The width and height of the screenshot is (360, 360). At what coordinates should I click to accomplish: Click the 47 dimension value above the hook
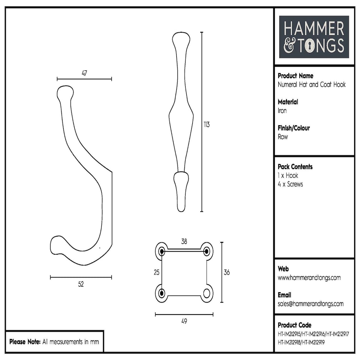[84, 73]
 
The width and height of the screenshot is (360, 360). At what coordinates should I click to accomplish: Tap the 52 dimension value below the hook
[81, 284]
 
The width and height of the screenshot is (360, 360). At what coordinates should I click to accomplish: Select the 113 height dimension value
[207, 124]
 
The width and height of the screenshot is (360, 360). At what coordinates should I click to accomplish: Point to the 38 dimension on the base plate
[184, 241]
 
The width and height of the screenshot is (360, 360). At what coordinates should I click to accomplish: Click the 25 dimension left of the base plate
[157, 273]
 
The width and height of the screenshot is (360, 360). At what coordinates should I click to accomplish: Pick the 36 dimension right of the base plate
[226, 273]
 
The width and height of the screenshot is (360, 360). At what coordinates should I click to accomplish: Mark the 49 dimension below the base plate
[184, 321]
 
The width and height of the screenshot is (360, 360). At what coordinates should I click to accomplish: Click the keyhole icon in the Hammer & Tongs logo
[310, 46]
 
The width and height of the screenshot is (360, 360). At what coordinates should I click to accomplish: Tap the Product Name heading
[295, 76]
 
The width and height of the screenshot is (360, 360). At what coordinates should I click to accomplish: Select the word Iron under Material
[282, 111]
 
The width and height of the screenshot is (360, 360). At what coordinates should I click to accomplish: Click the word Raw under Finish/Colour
[283, 137]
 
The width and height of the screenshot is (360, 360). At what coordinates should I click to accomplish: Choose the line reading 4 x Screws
[290, 184]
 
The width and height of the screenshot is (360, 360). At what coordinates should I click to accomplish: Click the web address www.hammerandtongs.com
[309, 278]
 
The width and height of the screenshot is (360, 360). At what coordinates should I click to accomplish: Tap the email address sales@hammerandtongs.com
[310, 304]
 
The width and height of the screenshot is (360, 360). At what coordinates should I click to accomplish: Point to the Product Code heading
[294, 325]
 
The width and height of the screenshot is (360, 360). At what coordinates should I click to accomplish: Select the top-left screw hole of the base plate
[162, 250]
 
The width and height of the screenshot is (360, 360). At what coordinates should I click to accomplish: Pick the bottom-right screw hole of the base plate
[207, 293]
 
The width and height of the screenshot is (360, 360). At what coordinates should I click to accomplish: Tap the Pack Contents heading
[295, 167]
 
